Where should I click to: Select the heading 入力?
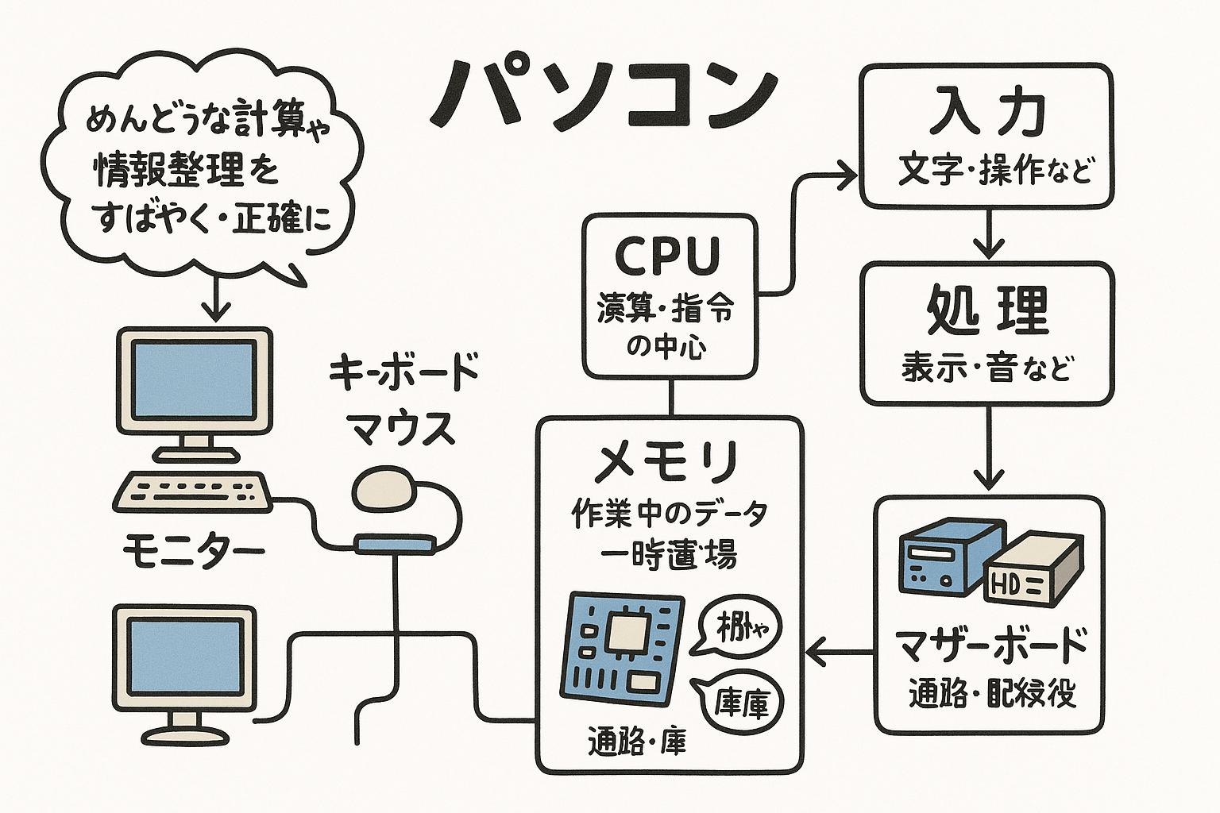tap(987, 112)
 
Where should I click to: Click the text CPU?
tap(668, 256)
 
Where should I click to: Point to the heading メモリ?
tap(668, 462)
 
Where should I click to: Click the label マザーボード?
tap(990, 645)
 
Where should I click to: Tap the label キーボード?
tap(403, 372)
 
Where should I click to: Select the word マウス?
tap(403, 430)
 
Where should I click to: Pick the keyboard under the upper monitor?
tap(191, 492)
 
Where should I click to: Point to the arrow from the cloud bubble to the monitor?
tap(214, 298)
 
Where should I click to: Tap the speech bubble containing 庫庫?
tap(739, 700)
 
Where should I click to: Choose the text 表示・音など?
tap(987, 368)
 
